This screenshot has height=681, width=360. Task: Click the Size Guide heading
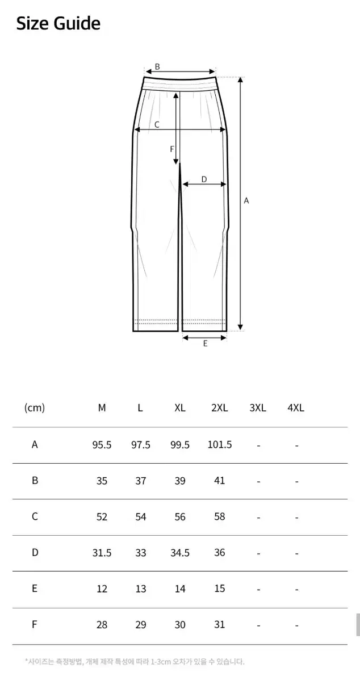tap(58, 24)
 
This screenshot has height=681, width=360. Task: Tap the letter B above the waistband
tap(157, 66)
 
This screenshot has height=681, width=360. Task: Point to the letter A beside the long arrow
tap(246, 201)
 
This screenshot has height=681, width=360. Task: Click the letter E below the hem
tap(206, 343)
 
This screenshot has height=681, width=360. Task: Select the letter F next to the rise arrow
tap(172, 149)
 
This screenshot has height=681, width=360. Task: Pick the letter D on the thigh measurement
tap(204, 179)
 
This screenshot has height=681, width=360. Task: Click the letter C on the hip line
tap(157, 125)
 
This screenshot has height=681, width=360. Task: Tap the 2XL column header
tap(220, 407)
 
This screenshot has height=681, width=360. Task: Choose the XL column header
tap(180, 407)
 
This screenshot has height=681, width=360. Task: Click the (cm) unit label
tap(35, 407)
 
